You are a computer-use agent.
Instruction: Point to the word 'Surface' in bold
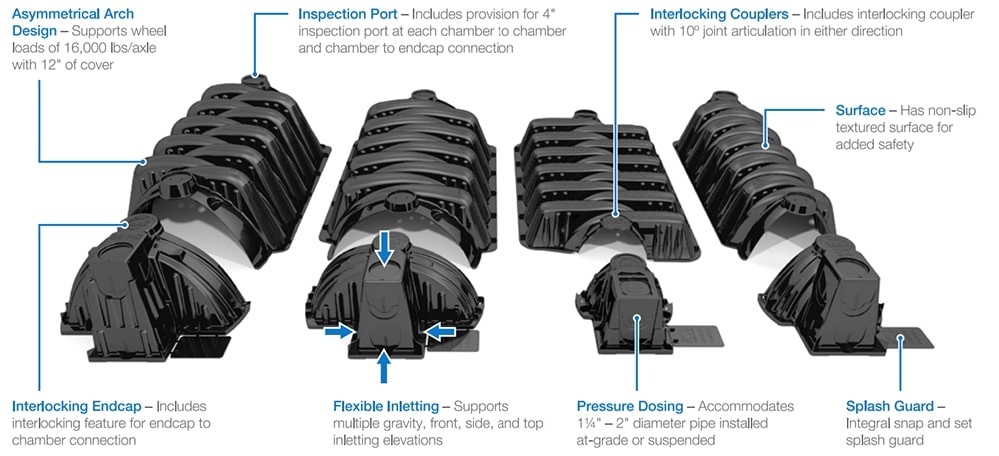[x=860, y=109]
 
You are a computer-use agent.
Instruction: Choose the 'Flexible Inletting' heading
[x=385, y=407]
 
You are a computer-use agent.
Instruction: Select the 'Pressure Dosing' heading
[x=630, y=407]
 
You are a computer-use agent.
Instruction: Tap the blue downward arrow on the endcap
[x=384, y=248]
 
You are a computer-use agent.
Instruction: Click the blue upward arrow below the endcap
[x=384, y=366]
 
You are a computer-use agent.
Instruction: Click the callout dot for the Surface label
[x=766, y=146]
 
